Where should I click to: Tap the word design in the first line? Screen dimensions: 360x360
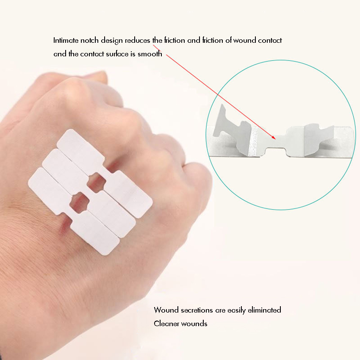point(114,41)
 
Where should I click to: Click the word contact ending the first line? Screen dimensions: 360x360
point(269,41)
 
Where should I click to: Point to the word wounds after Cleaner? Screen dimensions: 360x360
point(194,324)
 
